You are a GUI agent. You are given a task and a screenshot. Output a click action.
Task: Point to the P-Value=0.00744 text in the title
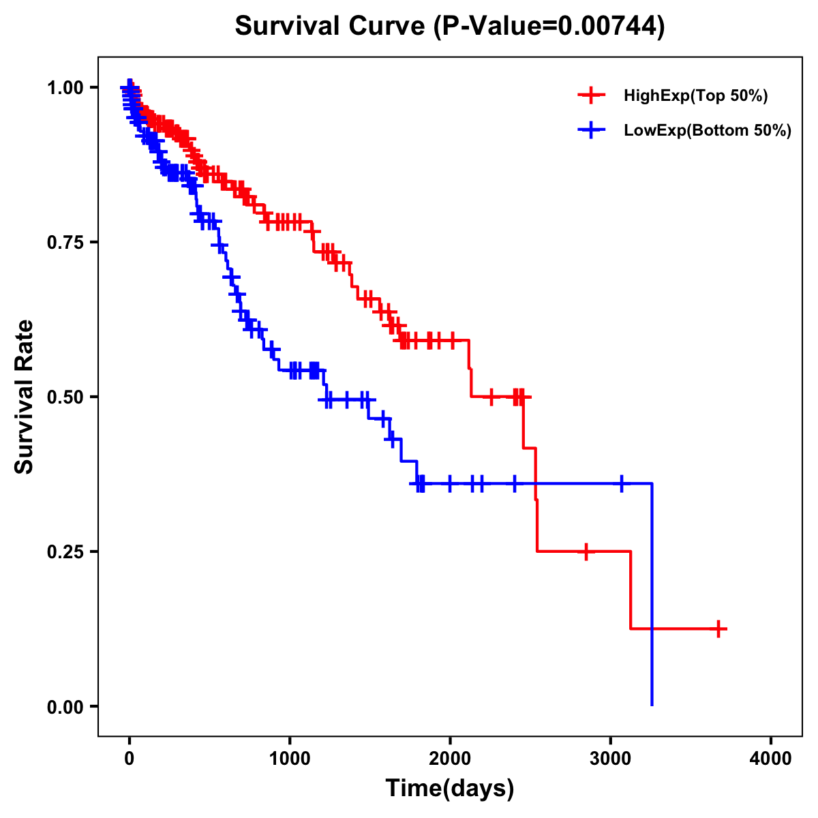550,26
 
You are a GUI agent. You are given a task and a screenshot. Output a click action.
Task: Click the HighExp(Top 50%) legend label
695,96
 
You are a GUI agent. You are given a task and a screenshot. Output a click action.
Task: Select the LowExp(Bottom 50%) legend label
708,130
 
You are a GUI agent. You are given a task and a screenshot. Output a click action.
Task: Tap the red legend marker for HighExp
591,95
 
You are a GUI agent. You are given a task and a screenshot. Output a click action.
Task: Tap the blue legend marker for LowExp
591,130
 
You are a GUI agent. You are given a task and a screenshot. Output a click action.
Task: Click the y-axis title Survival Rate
25,396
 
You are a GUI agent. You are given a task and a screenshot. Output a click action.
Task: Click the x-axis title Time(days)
449,789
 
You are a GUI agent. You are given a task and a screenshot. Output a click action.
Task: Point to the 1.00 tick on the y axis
65,87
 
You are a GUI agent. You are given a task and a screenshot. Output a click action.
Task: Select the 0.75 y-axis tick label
65,242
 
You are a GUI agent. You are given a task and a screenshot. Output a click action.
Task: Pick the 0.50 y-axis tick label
65,397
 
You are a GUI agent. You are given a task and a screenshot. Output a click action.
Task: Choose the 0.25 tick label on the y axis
65,551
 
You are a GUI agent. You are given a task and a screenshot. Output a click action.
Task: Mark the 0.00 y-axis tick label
65,706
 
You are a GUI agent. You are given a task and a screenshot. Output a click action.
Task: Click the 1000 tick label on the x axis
290,759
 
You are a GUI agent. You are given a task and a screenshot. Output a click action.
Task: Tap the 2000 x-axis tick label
450,759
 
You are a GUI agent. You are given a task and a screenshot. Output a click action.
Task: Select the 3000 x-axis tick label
611,759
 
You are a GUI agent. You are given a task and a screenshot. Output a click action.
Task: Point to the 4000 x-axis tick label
771,759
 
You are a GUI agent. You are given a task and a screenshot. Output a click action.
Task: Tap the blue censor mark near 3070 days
621,483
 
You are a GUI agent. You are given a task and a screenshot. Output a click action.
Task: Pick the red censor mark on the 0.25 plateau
586,551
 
